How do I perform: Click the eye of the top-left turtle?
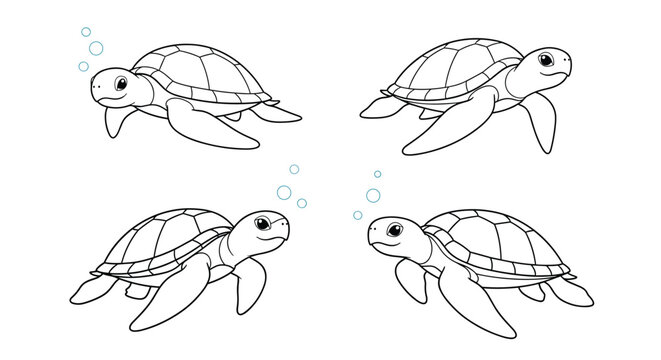pyautogui.click(x=119, y=84)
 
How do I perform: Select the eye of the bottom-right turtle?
pyautogui.click(x=393, y=231)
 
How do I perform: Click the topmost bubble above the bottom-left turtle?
pyautogui.click(x=294, y=169)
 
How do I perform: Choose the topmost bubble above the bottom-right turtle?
pyautogui.click(x=378, y=174)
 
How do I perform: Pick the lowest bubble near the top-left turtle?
pyautogui.click(x=83, y=67)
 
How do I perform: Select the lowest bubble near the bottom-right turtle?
pyautogui.click(x=357, y=215)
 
